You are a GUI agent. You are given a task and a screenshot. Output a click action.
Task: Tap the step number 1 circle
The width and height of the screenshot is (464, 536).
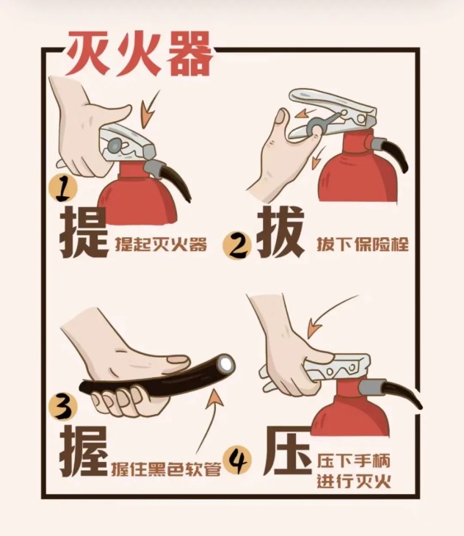pyautogui.click(x=62, y=189)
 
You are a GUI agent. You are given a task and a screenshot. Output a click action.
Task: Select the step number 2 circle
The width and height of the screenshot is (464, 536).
pyautogui.click(x=237, y=245)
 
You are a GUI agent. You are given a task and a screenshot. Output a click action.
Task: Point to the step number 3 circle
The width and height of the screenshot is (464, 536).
pyautogui.click(x=63, y=407)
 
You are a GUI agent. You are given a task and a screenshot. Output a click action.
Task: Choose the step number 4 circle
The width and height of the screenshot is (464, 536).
pyautogui.click(x=237, y=460)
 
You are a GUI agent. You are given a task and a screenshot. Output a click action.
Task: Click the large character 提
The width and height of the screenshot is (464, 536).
pyautogui.click(x=84, y=233)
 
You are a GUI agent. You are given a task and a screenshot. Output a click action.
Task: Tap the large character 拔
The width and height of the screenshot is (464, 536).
pyautogui.click(x=280, y=233)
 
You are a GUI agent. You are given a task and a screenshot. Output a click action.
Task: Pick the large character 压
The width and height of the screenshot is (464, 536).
pyautogui.click(x=288, y=451)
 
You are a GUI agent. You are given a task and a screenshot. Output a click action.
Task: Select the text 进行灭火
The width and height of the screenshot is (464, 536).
pyautogui.click(x=354, y=482)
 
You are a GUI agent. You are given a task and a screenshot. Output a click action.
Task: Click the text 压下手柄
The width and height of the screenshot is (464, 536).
pyautogui.click(x=354, y=461)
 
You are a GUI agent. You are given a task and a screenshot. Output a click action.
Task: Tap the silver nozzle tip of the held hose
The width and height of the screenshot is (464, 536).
pyautogui.click(x=226, y=363)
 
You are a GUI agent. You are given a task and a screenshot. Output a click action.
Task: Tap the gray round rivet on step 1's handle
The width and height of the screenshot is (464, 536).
pyautogui.click(x=114, y=145)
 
